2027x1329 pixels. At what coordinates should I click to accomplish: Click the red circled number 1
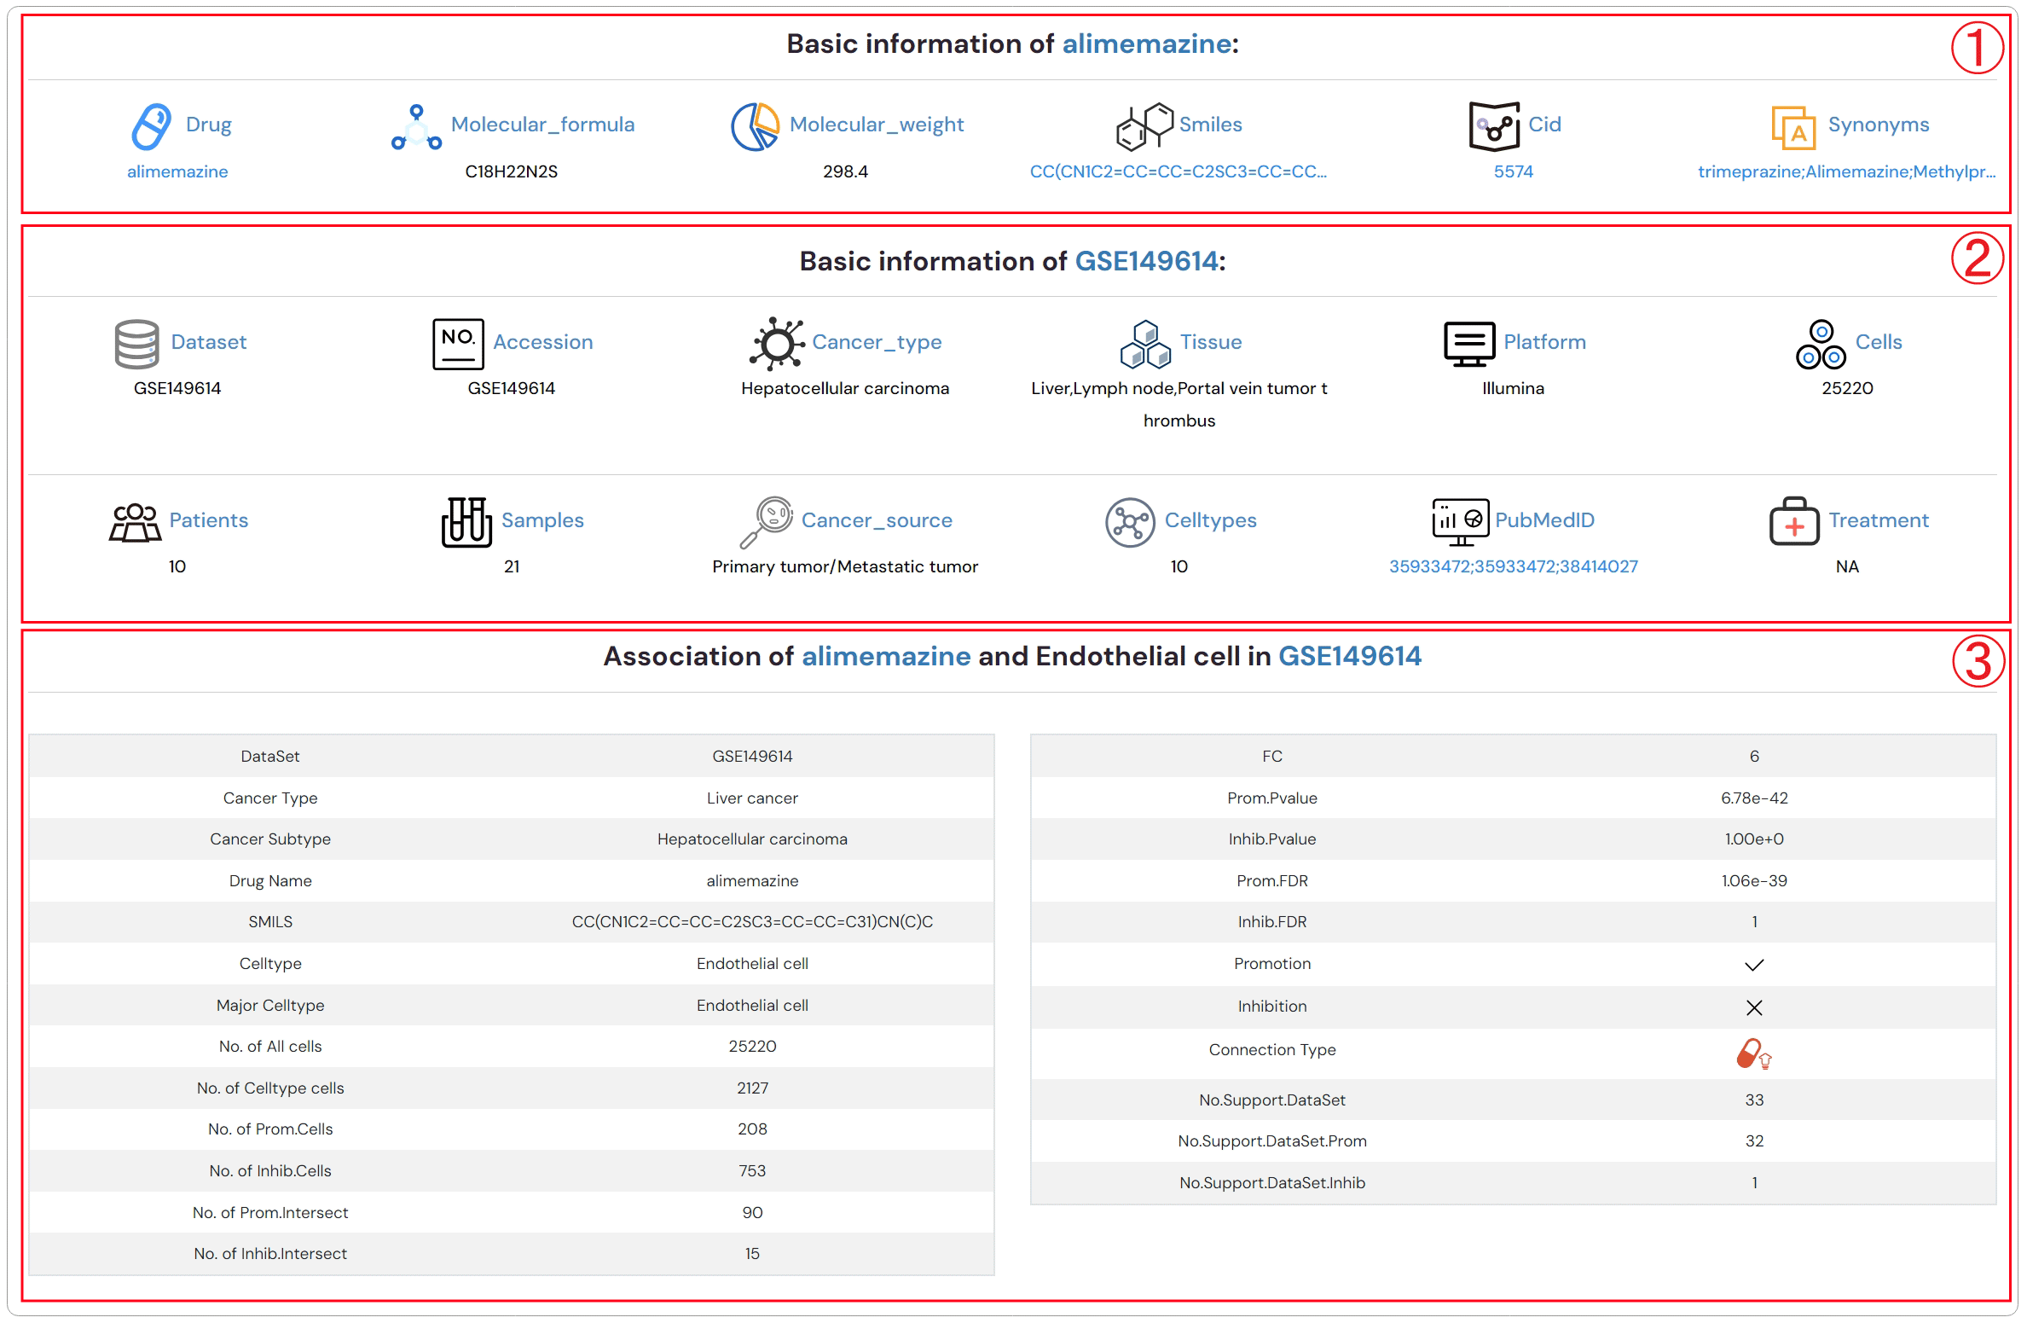coord(1977,48)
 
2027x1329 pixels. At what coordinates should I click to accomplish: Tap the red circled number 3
coord(1978,661)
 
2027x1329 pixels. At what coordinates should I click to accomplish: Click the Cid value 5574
coord(1513,171)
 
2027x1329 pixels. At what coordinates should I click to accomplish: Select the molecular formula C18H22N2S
coord(511,171)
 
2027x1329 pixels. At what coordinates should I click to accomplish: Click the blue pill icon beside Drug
coord(151,126)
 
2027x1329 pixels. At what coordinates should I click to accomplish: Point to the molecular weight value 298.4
coord(845,171)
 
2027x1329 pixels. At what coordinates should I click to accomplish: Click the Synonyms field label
coord(1878,125)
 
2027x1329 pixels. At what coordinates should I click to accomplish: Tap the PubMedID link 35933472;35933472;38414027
coord(1513,566)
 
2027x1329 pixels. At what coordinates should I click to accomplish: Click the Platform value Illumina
coord(1513,388)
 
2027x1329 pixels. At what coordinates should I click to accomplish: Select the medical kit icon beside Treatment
coord(1793,521)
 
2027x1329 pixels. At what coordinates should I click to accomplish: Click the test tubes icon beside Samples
coord(466,521)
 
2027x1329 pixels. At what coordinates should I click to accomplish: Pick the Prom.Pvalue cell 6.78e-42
coord(1753,798)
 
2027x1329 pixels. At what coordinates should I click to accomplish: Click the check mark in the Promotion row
coord(1753,965)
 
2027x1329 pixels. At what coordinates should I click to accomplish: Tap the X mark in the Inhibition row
coord(1753,1007)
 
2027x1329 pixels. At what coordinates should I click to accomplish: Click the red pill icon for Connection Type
coord(1752,1053)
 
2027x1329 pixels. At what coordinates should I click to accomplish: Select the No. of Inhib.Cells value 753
coord(751,1170)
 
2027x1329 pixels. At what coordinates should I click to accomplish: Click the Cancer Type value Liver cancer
coord(751,798)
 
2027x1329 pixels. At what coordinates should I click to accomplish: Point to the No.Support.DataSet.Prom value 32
coord(1753,1140)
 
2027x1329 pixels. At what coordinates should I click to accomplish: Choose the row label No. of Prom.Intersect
coord(270,1212)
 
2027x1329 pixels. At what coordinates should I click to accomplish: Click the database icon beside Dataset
coord(136,344)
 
